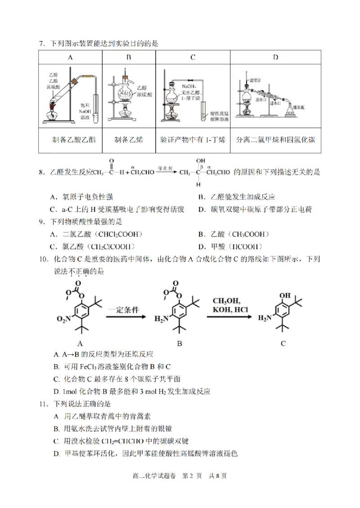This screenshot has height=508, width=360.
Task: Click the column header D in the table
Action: point(275,57)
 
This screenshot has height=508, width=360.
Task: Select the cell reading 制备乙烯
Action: point(128,139)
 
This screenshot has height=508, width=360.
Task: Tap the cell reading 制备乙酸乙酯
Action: point(71,139)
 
